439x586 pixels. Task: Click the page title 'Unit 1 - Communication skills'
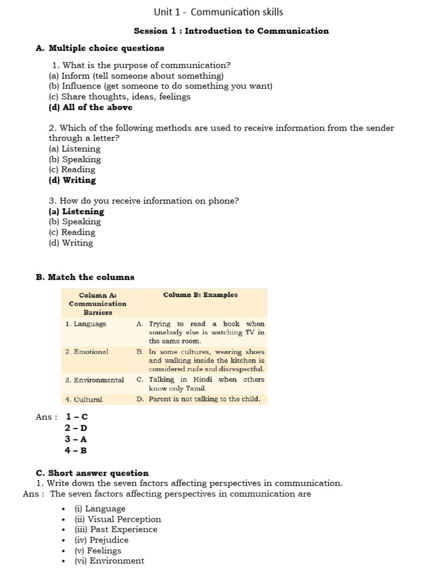tap(218, 12)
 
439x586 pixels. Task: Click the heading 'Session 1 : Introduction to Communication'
tap(231, 31)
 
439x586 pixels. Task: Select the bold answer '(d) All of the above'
tap(90, 107)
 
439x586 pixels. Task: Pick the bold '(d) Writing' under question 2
tap(72, 180)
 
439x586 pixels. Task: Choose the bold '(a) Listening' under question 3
tap(77, 211)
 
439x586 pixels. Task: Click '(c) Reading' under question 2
tap(72, 169)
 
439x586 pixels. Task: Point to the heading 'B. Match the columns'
tap(85, 277)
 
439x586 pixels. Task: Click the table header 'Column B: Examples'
tap(200, 295)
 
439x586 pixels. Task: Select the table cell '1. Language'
tap(86, 323)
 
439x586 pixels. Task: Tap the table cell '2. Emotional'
tap(86, 351)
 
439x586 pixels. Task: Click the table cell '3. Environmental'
tap(94, 379)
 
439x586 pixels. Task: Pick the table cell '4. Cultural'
tap(83, 399)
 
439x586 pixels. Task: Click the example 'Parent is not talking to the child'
tap(204, 399)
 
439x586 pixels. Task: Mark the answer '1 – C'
tap(77, 417)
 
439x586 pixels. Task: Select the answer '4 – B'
tap(76, 450)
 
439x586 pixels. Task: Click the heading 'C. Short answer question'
tap(92, 473)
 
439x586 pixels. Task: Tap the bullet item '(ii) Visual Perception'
tap(118, 519)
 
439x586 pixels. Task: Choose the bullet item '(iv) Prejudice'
tap(102, 540)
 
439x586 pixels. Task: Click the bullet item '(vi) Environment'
tap(110, 561)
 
